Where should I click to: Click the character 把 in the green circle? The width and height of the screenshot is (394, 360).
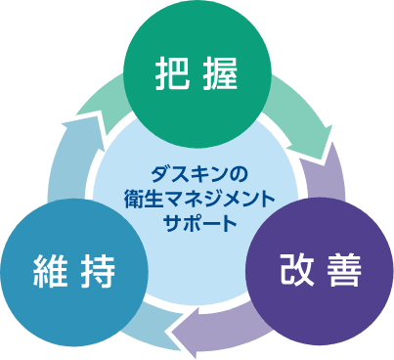172,73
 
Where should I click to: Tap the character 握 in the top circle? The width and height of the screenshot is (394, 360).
220,73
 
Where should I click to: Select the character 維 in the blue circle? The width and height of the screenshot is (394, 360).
50,271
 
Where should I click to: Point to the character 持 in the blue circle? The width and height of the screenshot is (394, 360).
98,271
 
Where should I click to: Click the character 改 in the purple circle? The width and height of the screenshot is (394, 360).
297,270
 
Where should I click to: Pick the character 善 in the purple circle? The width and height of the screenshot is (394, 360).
345,270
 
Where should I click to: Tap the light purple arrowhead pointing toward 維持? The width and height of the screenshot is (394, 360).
188,333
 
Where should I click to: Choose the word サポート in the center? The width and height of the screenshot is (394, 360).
200,223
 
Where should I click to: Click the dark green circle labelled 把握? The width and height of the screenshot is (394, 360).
197,74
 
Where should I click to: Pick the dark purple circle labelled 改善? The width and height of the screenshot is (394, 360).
320,271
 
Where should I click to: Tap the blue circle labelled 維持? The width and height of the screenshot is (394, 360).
74,273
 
